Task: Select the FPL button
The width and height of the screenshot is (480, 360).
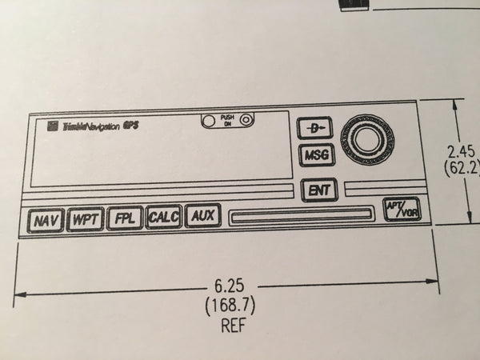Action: pyautogui.click(x=124, y=218)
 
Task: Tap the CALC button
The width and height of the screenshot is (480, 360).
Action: pyautogui.click(x=163, y=218)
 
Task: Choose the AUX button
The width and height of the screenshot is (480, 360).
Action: pyautogui.click(x=202, y=216)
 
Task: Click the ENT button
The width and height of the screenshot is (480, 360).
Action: pyautogui.click(x=318, y=190)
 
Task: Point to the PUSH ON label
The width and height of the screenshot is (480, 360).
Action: pyautogui.click(x=227, y=122)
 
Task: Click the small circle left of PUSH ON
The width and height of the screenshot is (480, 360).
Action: pyautogui.click(x=209, y=122)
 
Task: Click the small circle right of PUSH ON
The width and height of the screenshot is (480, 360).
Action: pyautogui.click(x=246, y=121)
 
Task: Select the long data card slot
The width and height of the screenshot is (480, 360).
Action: pyautogui.click(x=301, y=214)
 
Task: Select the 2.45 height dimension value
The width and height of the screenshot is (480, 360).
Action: pyautogui.click(x=463, y=151)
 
